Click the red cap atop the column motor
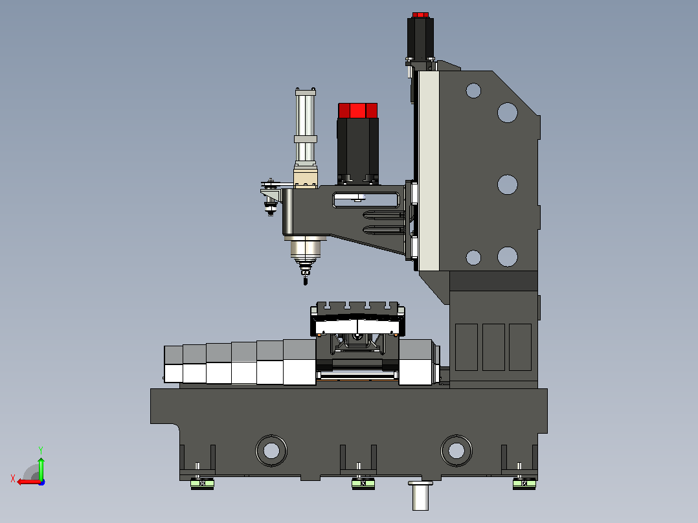(420, 15)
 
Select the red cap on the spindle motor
(358, 111)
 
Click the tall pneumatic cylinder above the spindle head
(306, 127)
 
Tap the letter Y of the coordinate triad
(41, 450)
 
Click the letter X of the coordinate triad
(13, 478)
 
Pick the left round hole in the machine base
(271, 451)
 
